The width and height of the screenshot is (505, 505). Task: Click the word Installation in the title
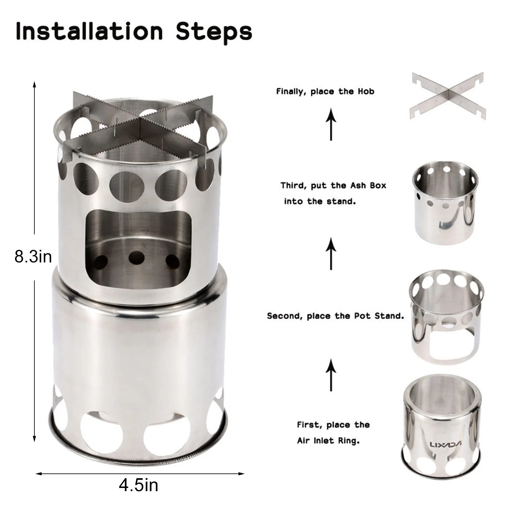point(89,31)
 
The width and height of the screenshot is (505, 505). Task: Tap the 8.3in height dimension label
point(33,256)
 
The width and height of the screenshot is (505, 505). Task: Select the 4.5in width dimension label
point(138,485)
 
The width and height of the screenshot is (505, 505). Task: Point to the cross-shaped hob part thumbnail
point(446,95)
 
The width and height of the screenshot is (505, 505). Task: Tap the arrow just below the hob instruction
point(331,124)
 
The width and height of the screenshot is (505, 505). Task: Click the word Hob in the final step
point(366,91)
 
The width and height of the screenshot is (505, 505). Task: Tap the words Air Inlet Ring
point(328,441)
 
